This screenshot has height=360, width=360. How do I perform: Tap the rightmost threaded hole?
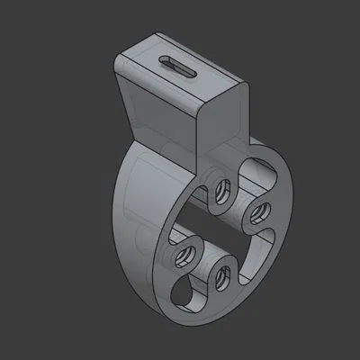pyautogui.click(x=258, y=212)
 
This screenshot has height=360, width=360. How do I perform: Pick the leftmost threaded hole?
pyautogui.click(x=186, y=255)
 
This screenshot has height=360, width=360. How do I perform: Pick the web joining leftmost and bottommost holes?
pyautogui.click(x=203, y=267)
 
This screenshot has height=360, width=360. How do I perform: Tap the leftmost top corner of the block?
pyautogui.click(x=114, y=59)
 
